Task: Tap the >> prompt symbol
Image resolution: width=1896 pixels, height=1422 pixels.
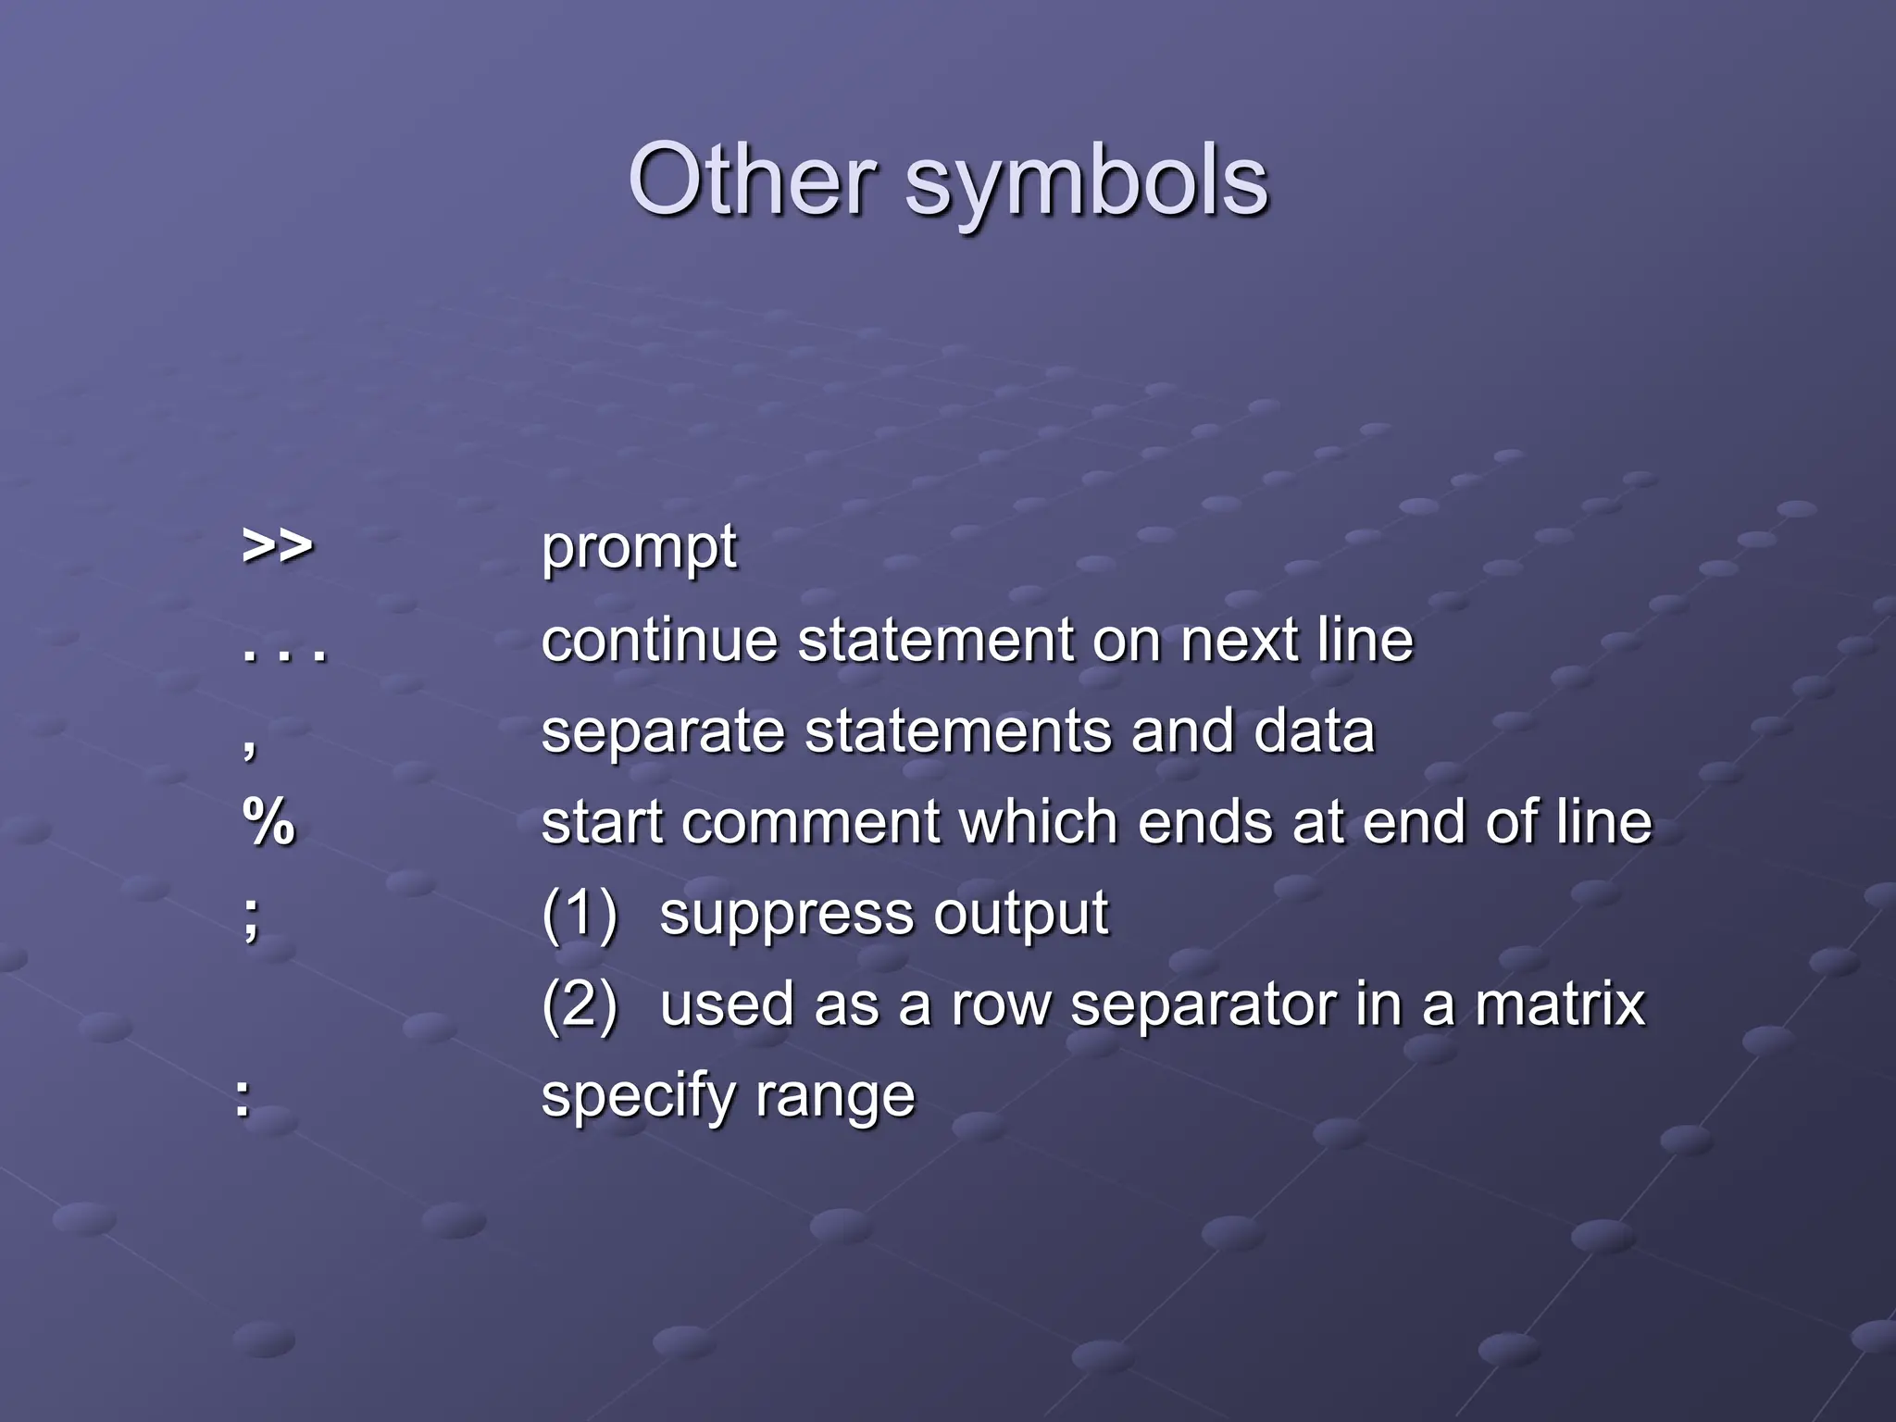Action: [277, 546]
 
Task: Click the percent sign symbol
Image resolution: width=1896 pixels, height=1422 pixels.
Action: [268, 821]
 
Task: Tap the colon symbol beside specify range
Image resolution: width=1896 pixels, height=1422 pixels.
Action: [243, 1099]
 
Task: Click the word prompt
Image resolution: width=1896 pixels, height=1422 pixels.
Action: [639, 548]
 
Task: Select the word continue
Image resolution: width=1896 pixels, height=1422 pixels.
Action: [659, 640]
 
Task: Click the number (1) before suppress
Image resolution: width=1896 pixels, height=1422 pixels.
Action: [580, 914]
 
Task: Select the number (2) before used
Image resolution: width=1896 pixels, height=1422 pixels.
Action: [580, 1004]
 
